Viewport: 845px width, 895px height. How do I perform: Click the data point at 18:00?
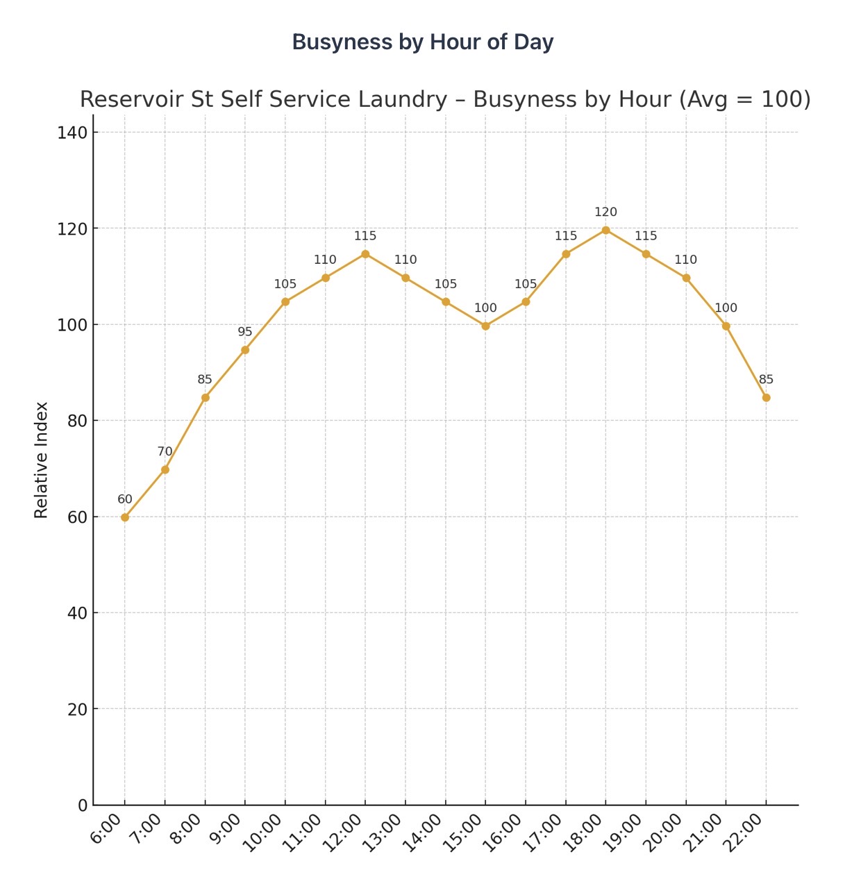(x=605, y=230)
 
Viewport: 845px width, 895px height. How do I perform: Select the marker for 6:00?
(x=125, y=517)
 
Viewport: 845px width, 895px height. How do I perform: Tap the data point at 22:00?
(x=766, y=398)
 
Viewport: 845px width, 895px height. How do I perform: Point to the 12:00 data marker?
(x=365, y=254)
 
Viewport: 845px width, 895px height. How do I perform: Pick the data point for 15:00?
(x=485, y=326)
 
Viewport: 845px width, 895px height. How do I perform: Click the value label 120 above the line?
(x=605, y=212)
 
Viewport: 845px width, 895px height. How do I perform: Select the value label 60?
(x=125, y=499)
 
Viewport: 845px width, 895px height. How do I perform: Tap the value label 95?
(x=245, y=332)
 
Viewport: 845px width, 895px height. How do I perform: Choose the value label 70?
(x=165, y=451)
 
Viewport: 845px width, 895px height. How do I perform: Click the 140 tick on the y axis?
(x=72, y=133)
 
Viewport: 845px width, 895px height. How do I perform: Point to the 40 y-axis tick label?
(x=76, y=613)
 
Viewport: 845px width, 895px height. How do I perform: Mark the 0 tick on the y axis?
(x=83, y=805)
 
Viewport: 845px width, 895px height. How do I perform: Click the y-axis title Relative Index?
(x=42, y=460)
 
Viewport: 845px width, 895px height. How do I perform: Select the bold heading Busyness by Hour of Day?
(x=423, y=42)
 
